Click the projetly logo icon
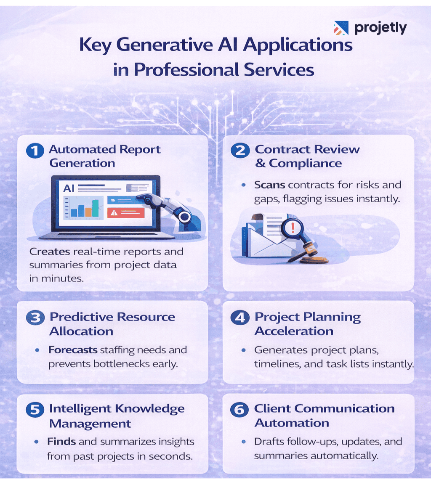[x=341, y=28]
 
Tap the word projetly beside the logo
[x=380, y=28]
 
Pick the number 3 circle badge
[x=35, y=318]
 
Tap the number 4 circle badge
[x=239, y=318]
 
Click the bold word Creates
[x=46, y=252]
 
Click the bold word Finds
[x=61, y=442]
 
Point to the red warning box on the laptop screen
[x=126, y=212]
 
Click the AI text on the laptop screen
[x=69, y=189]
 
